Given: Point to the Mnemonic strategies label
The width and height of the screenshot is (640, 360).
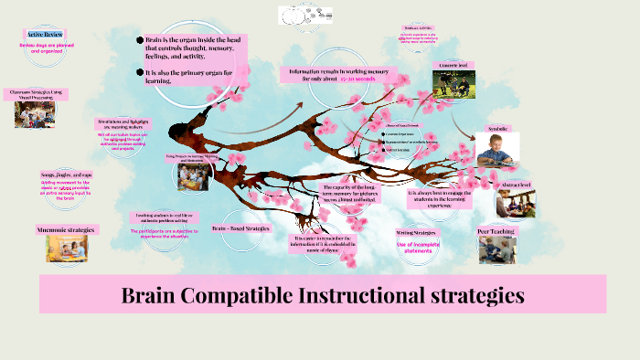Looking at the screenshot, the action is tap(66, 228).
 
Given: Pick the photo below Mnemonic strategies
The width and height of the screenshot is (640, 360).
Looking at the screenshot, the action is tap(67, 249).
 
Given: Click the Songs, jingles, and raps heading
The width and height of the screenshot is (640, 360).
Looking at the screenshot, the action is tap(66, 174).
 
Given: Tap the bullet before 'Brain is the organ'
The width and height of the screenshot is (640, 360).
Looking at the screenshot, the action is tap(140, 40).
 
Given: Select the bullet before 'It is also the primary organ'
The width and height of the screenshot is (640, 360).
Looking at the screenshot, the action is tap(140, 71).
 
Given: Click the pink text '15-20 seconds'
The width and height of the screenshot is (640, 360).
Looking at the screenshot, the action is tap(357, 79).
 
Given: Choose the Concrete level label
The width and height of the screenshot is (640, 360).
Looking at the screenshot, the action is tap(454, 66).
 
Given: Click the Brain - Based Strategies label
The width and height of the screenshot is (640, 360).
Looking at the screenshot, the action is tap(240, 228).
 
